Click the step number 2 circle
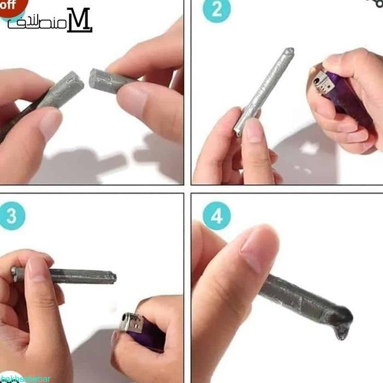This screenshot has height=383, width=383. point(217,11)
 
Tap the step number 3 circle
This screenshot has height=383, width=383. point(11,217)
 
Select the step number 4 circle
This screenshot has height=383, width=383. point(217,217)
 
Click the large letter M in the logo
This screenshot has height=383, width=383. point(79,20)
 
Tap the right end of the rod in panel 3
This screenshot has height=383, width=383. point(112,277)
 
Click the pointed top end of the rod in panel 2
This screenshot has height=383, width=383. point(288,52)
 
